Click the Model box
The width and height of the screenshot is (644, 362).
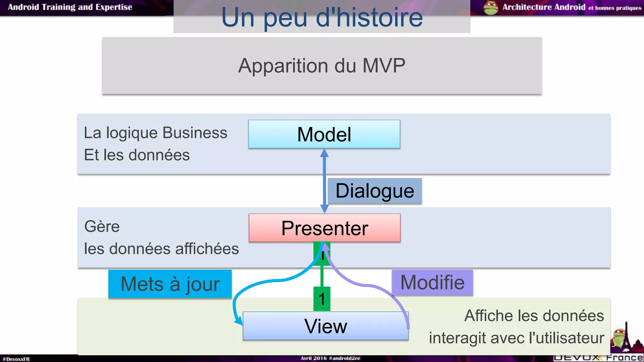click(x=324, y=134)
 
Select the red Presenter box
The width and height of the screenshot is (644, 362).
click(x=325, y=228)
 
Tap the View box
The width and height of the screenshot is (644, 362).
click(x=325, y=326)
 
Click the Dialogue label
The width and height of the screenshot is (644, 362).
click(x=375, y=191)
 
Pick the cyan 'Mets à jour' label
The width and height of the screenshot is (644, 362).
click(x=170, y=284)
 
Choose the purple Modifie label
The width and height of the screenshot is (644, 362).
click(x=432, y=282)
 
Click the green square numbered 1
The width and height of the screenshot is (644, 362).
click(x=322, y=299)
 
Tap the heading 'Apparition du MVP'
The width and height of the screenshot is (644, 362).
click(x=322, y=66)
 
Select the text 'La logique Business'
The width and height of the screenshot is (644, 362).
click(x=155, y=133)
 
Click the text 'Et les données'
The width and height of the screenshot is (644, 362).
click(x=137, y=155)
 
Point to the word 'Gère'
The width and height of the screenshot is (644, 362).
click(x=102, y=227)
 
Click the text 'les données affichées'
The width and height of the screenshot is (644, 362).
click(x=161, y=249)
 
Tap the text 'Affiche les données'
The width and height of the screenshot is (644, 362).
click(x=534, y=315)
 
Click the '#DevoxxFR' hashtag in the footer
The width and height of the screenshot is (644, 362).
click(x=16, y=359)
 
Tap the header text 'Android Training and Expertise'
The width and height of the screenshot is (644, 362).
click(x=70, y=7)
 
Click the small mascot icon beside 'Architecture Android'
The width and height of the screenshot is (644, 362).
click(x=491, y=8)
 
